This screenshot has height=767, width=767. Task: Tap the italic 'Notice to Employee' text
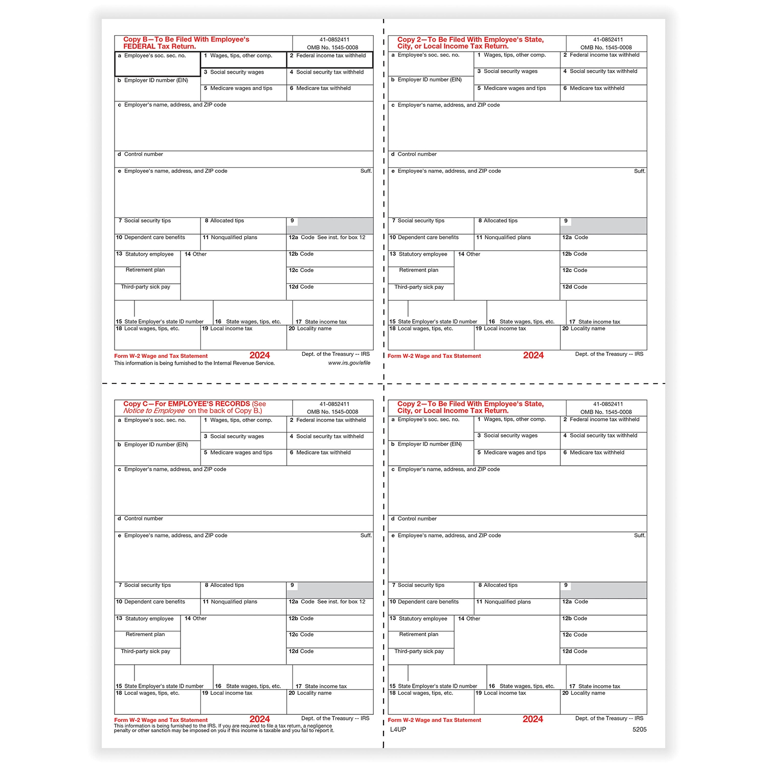pos(154,411)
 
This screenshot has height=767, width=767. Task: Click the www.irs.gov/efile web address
pos(349,363)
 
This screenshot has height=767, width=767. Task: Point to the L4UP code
pos(398,729)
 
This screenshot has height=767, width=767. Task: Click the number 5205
pos(639,729)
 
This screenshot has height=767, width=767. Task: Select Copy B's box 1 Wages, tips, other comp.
pos(243,60)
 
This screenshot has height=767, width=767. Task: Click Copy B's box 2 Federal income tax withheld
pos(330,60)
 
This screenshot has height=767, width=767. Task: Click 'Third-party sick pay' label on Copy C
pos(145,651)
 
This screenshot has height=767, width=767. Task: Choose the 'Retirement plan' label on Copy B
pos(145,270)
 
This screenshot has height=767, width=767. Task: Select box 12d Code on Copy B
pos(330,291)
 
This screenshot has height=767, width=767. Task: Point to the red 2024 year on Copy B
pos(260,355)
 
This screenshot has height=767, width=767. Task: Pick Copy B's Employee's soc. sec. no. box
pos(157,64)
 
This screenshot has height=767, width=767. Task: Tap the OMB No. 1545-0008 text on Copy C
pos(332,412)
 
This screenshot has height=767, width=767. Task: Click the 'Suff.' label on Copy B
pos(366,171)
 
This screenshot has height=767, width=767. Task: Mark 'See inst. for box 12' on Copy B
pos(341,237)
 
